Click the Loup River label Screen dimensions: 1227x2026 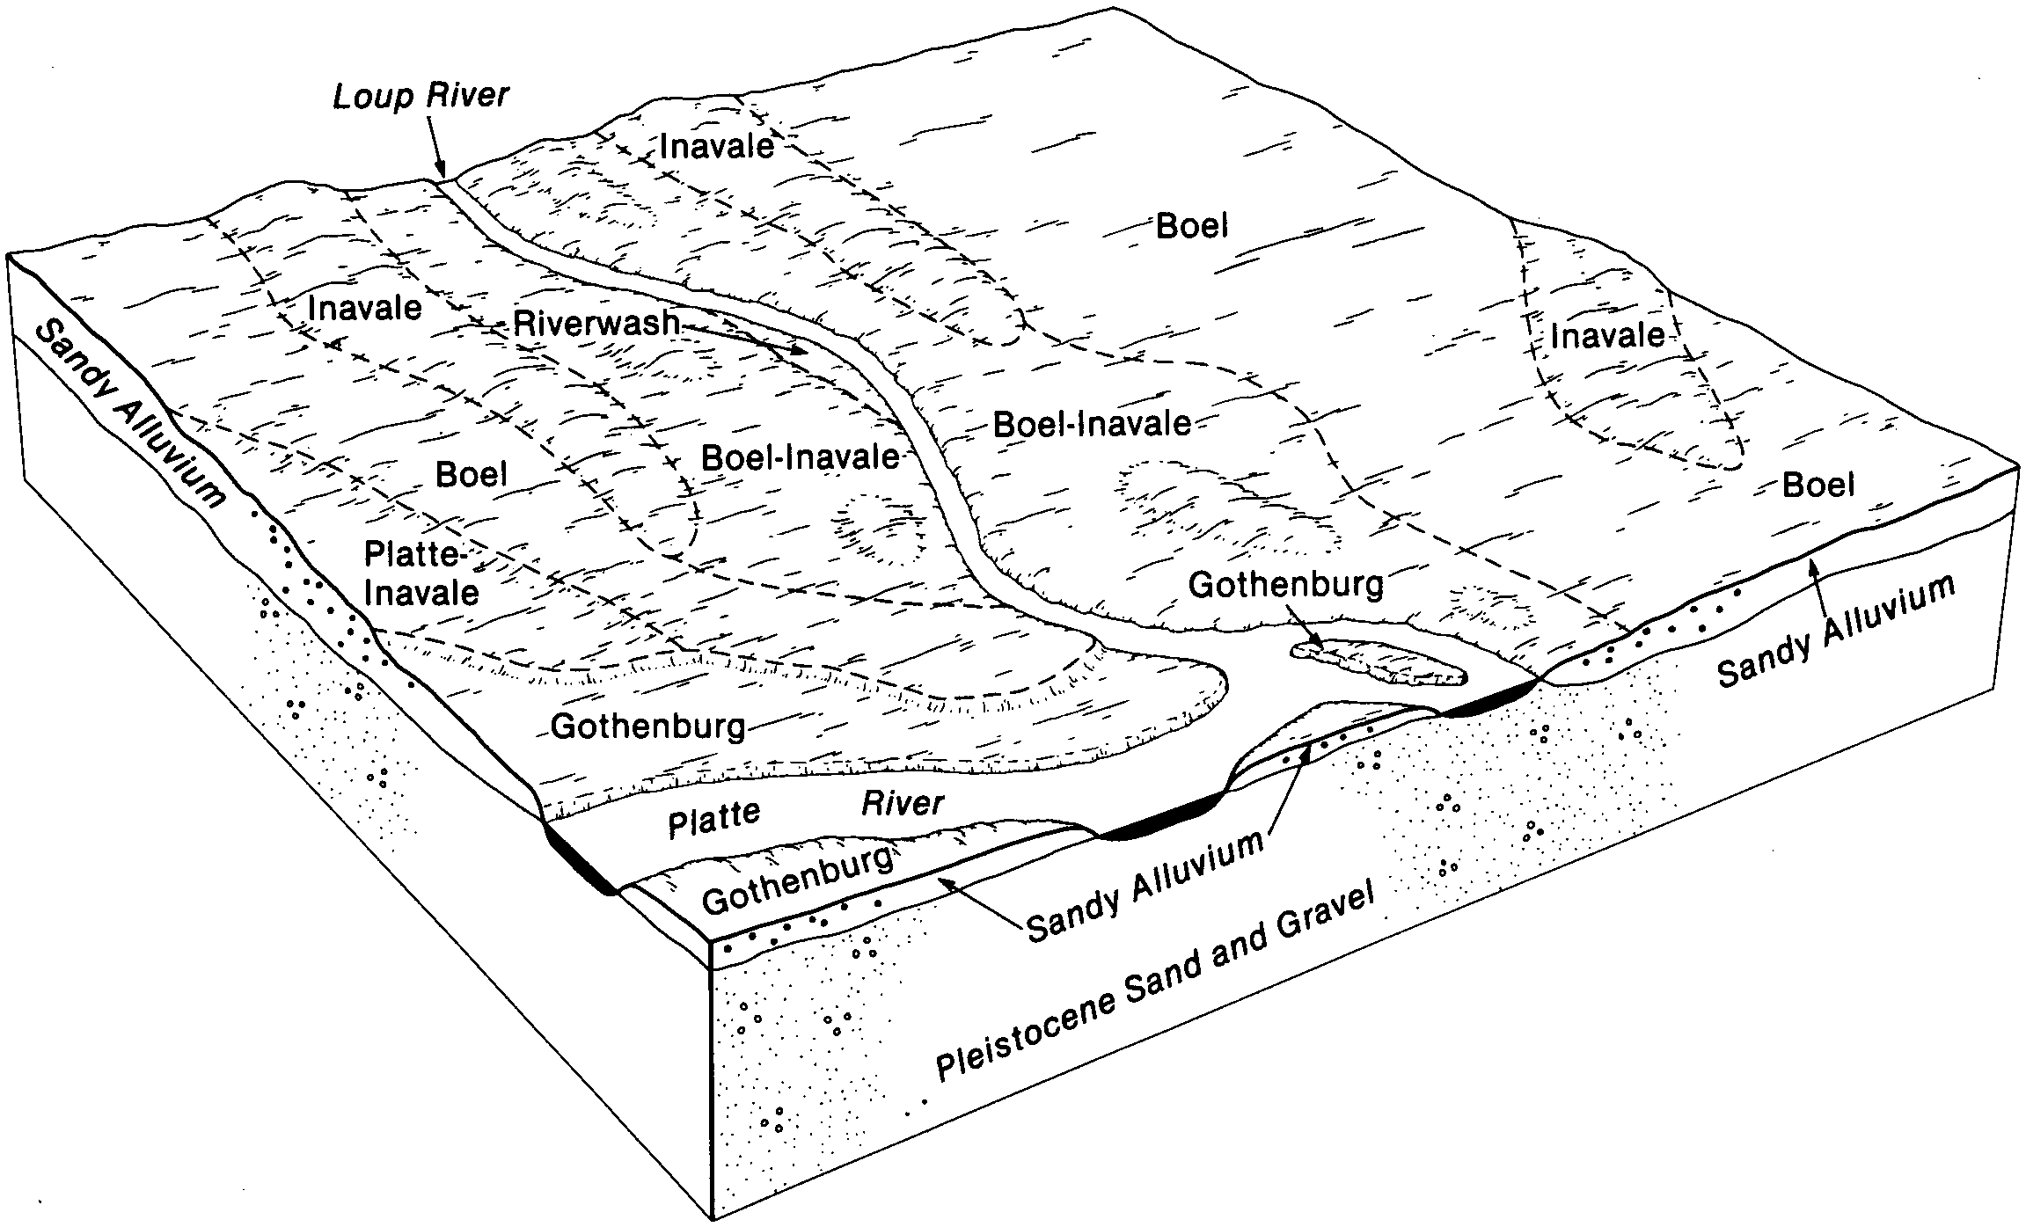pyautogui.click(x=421, y=95)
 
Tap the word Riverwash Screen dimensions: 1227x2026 pyautogui.click(x=596, y=323)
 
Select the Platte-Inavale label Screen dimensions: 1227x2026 pyautogui.click(x=421, y=573)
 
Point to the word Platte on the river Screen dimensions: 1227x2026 pyautogui.click(x=713, y=818)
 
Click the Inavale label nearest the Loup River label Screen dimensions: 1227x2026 pyautogui.click(x=716, y=145)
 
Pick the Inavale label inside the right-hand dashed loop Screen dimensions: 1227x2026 pyautogui.click(x=1607, y=335)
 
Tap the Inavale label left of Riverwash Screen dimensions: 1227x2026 pyautogui.click(x=364, y=307)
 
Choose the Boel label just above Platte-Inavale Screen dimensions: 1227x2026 pyautogui.click(x=472, y=475)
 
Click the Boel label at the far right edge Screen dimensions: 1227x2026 pyautogui.click(x=1818, y=485)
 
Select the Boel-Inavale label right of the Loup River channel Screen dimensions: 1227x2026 pyautogui.click(x=1092, y=425)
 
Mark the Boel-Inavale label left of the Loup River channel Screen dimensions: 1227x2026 pyautogui.click(x=800, y=457)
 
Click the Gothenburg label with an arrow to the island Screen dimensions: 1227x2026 pyautogui.click(x=1286, y=584)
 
